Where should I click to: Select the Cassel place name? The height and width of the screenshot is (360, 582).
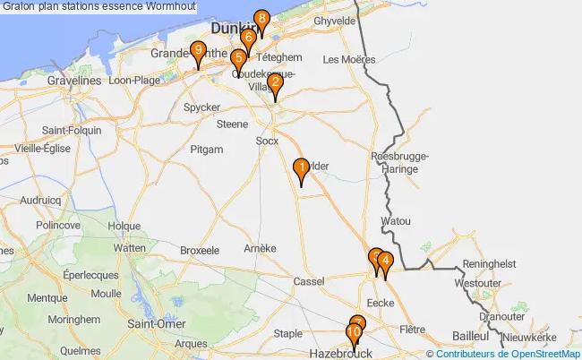pyautogui.click(x=309, y=281)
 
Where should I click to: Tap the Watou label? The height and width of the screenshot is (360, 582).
pyautogui.click(x=395, y=220)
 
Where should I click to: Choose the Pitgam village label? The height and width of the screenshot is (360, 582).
pyautogui.click(x=206, y=150)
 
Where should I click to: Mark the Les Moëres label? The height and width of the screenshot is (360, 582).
pyautogui.click(x=343, y=60)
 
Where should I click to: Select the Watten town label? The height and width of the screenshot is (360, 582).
pyautogui.click(x=130, y=248)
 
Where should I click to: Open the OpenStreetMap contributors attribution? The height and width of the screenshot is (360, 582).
pyautogui.click(x=508, y=354)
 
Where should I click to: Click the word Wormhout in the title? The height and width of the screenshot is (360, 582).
pyautogui.click(x=168, y=7)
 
